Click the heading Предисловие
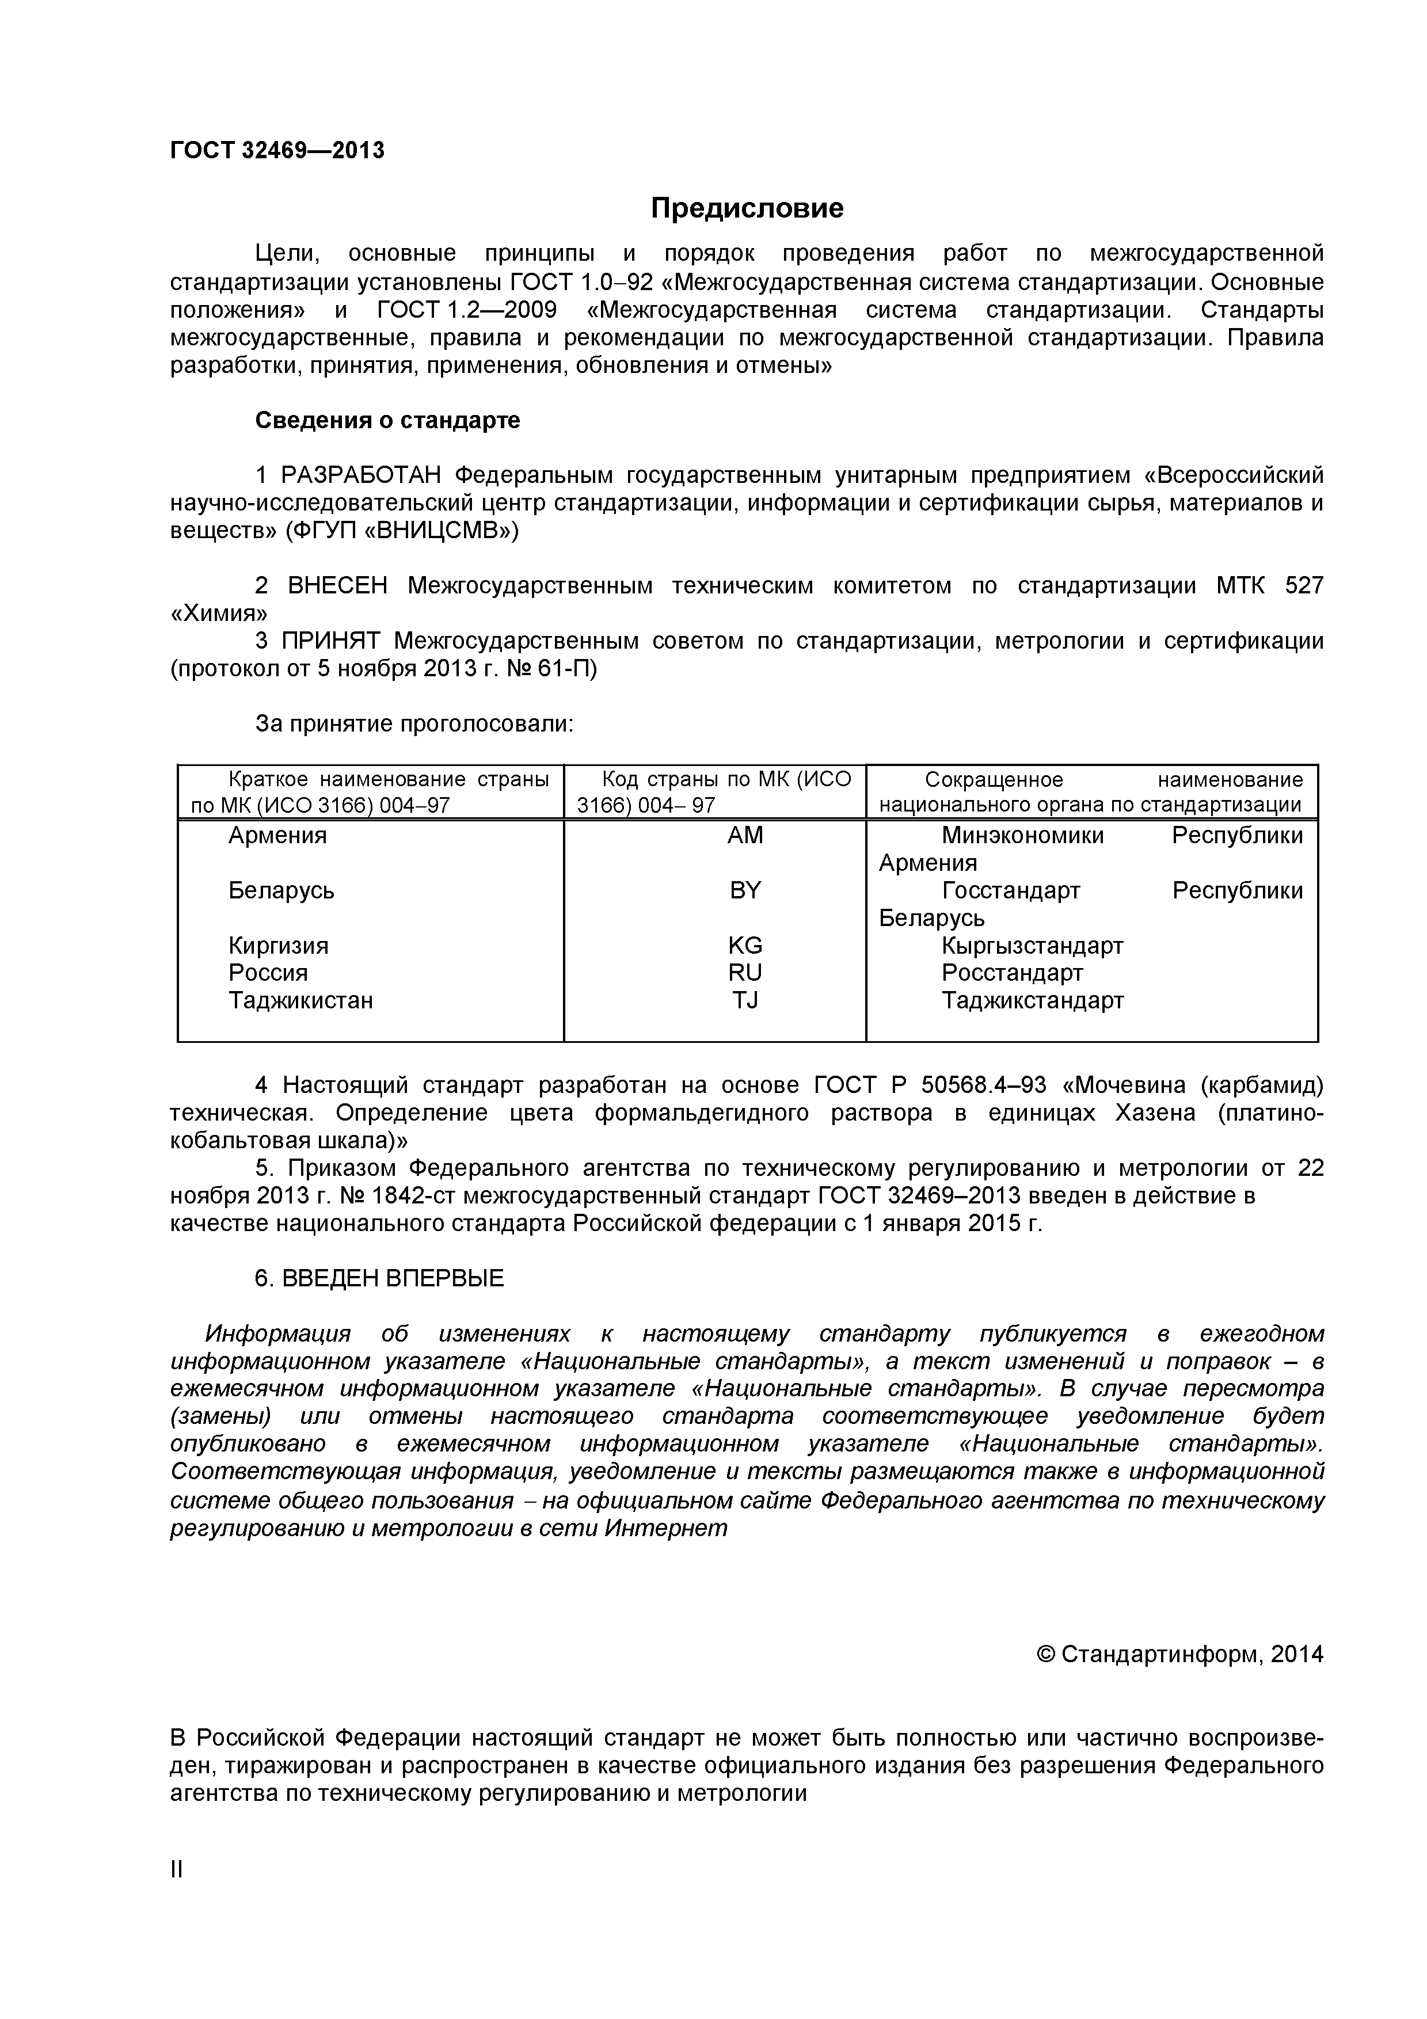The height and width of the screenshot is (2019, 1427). tap(747, 208)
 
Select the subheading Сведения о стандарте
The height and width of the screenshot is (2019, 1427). tap(387, 420)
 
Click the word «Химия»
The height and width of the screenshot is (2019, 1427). tap(219, 613)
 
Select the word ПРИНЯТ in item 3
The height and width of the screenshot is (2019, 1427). tap(333, 641)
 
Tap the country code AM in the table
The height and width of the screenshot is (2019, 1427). tap(745, 835)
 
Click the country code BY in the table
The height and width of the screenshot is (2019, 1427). tap(745, 891)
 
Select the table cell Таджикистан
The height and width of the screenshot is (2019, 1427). tap(300, 1001)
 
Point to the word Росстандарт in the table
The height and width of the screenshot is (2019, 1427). tap(1012, 973)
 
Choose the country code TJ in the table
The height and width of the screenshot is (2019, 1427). tap(745, 1001)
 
